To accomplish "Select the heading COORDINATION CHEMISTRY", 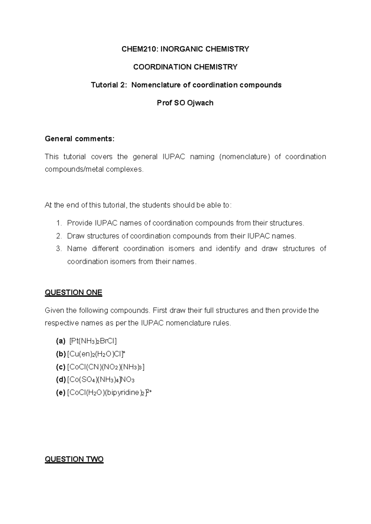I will click(x=185, y=67).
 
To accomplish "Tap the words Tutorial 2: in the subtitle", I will click(x=109, y=85).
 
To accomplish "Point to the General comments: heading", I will click(x=79, y=139).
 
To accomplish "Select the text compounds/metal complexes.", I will click(x=94, y=169).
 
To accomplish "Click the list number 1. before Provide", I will click(x=59, y=223).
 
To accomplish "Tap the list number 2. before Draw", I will click(x=59, y=236).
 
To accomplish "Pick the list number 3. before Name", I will click(x=59, y=249).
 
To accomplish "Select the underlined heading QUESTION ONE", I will click(x=73, y=293).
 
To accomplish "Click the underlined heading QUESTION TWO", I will click(x=74, y=459).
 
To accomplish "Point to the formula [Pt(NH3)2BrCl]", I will click(x=93, y=341).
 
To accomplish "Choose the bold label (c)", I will click(x=61, y=367).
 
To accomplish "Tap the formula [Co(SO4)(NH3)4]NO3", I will click(x=100, y=380).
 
